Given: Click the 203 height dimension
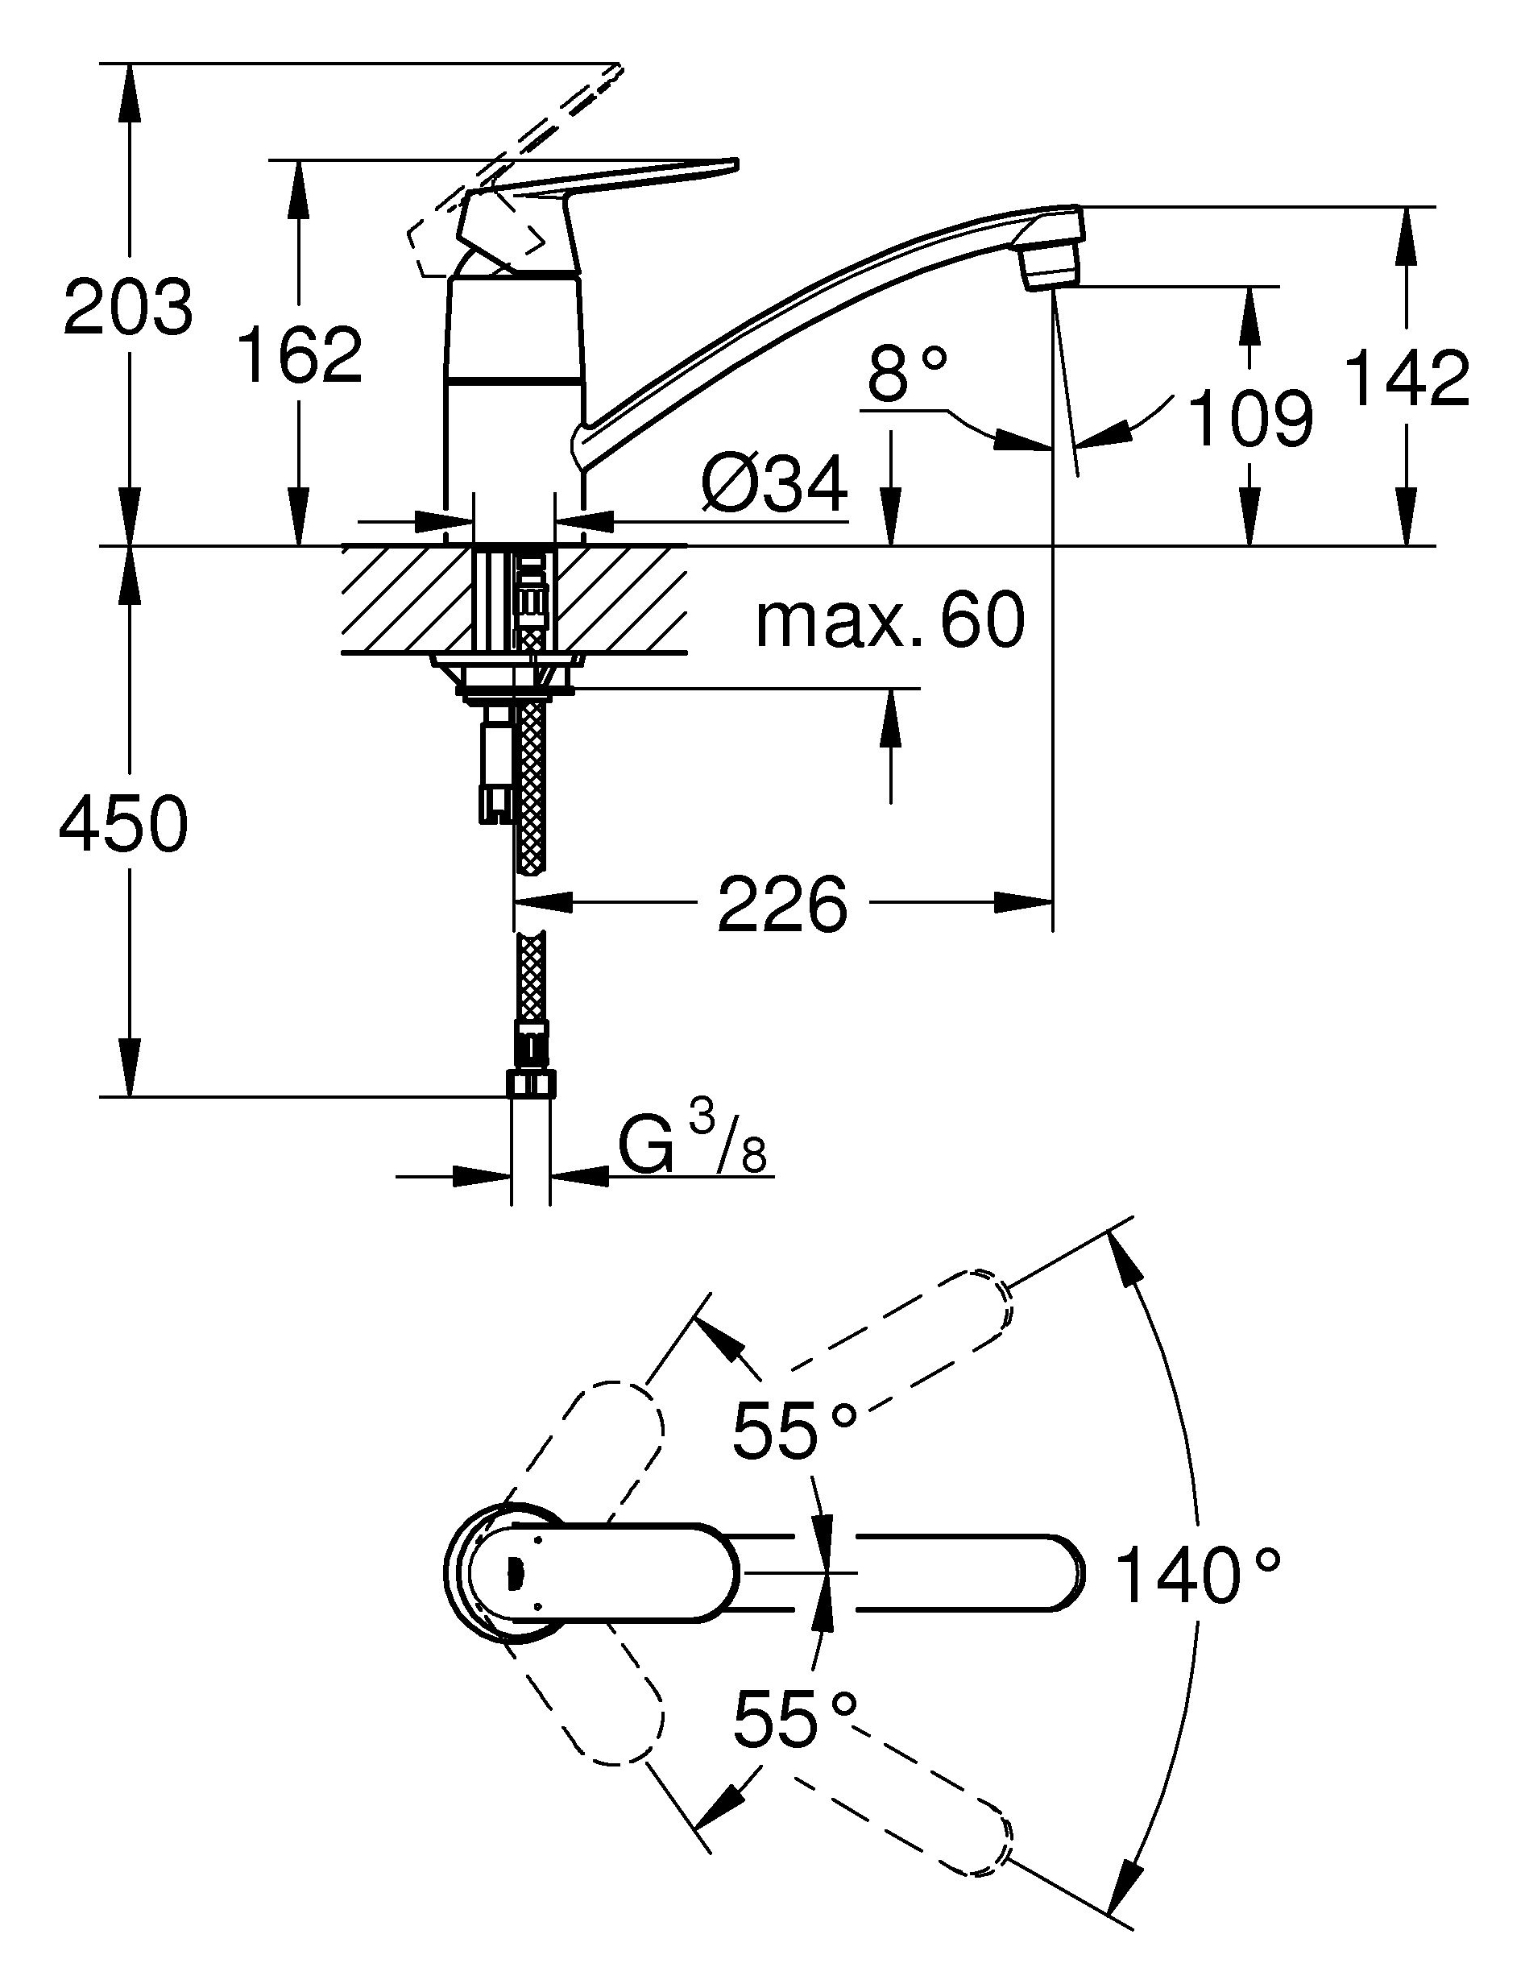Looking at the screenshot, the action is (x=129, y=308).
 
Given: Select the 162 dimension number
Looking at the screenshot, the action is (x=300, y=354).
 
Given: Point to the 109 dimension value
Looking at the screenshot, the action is (x=1251, y=419).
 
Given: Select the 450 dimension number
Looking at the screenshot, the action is (x=123, y=823).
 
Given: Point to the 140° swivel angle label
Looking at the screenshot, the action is (x=1197, y=1576).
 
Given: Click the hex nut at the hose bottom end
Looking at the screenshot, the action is (x=531, y=1084).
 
